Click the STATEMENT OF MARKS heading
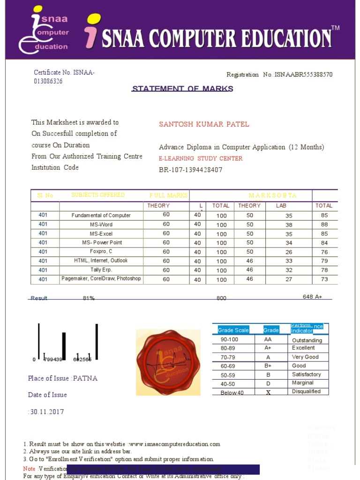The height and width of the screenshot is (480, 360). coord(182,89)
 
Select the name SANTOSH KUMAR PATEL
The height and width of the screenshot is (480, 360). coord(204,124)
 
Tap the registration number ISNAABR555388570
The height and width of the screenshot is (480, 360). coord(304,75)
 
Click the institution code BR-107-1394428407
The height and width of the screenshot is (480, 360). coord(190,170)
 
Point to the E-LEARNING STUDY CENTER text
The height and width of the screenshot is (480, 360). coord(201,158)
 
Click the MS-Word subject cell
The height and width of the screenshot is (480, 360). coord(101,225)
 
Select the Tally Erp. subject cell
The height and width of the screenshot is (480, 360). coord(101,270)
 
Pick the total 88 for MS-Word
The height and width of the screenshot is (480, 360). coord(324,225)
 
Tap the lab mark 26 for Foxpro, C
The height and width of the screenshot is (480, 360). coord(289,252)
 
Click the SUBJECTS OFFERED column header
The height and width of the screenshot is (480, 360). coord(98,195)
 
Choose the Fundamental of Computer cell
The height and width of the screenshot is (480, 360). coord(101,216)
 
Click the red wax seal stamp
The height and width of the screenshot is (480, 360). coord(168,362)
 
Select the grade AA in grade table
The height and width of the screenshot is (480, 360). coord(268,339)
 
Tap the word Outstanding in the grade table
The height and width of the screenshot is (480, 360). coord(307,340)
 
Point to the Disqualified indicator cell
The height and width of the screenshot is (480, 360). coord(306,391)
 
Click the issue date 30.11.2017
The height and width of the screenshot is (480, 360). coord(47,412)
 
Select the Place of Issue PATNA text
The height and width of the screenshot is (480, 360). coord(63,378)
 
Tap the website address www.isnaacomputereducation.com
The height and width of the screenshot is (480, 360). coord(174,444)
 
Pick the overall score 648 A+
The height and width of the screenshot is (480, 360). coord(312,297)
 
